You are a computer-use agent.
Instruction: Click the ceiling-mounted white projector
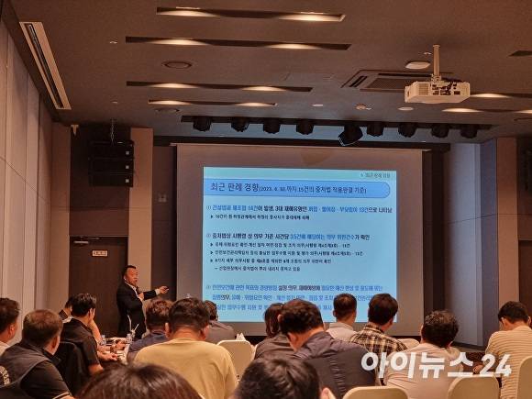pos(437,91)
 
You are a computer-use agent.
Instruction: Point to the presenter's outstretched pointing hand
pos(162,289)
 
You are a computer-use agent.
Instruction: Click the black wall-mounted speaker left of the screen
pos(111,161)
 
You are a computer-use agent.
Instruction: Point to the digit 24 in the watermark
pos(494,364)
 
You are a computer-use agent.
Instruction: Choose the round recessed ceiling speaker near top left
pos(177,64)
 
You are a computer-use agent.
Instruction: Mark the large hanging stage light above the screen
pos(349,134)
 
